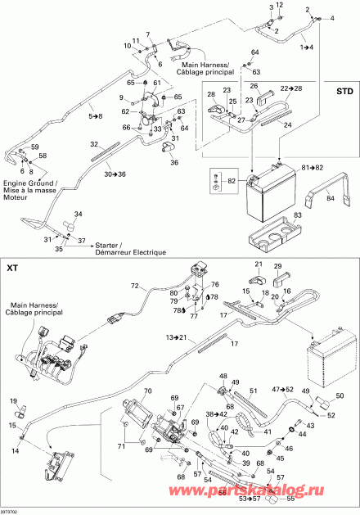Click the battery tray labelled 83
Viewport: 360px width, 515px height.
coord(270,243)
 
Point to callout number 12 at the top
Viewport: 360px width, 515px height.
coord(278,6)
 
